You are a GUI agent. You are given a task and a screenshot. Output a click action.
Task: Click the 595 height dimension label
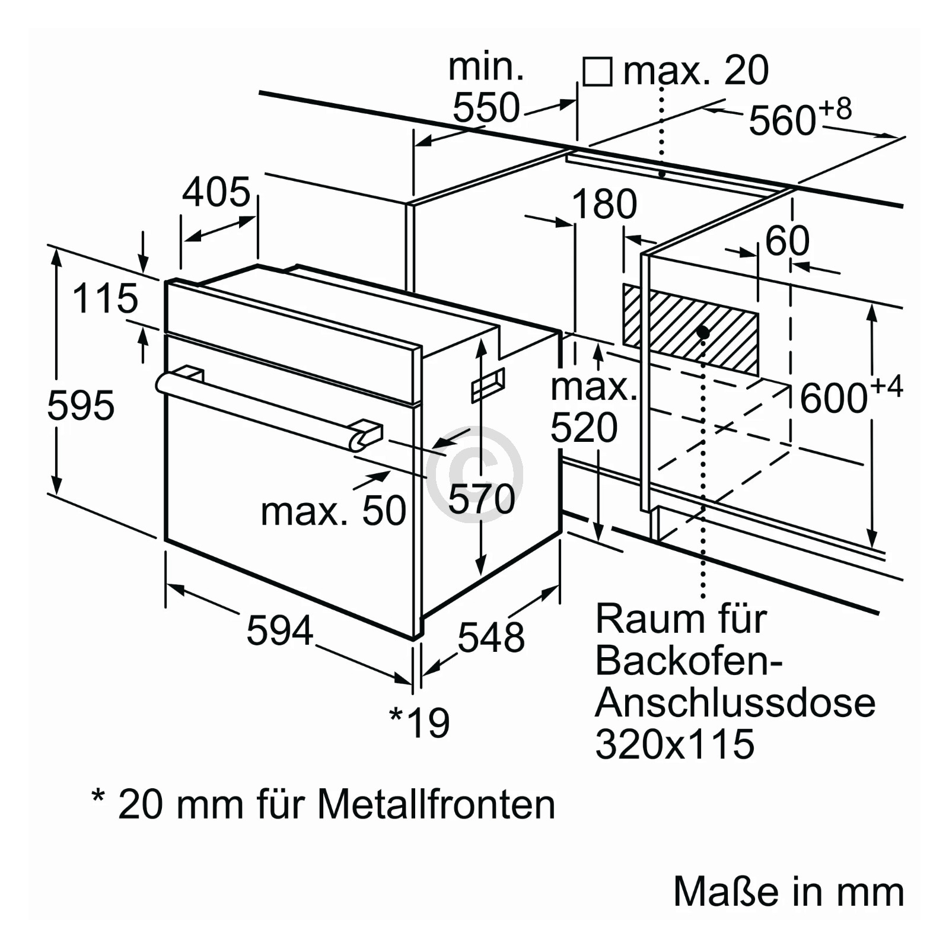[81, 406]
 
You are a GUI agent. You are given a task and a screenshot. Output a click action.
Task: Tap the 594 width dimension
[279, 630]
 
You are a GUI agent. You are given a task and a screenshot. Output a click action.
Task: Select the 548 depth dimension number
[491, 638]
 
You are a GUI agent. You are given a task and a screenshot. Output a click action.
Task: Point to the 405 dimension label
[216, 192]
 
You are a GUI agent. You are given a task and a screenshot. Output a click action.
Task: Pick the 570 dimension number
[482, 498]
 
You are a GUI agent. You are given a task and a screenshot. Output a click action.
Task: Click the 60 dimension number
[787, 240]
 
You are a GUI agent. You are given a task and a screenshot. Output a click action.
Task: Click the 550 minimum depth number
[486, 108]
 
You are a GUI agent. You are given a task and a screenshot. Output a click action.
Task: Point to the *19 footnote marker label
[419, 722]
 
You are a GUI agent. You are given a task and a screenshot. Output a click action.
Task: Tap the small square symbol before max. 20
[597, 72]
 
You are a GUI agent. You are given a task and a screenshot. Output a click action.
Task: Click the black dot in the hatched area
[703, 332]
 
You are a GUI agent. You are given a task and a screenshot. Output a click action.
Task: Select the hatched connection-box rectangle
[690, 330]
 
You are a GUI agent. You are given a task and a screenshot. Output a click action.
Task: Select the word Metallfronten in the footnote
[436, 805]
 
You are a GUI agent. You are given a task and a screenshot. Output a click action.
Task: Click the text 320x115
[675, 743]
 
